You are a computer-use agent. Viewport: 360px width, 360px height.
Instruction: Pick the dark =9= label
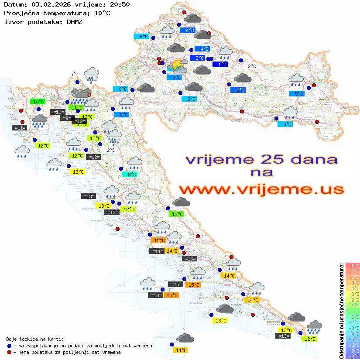[66, 118]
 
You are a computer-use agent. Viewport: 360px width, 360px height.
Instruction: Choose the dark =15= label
[175, 285]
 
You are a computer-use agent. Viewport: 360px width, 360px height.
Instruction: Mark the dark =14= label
[157, 251]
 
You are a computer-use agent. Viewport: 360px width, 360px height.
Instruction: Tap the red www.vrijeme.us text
[261, 189]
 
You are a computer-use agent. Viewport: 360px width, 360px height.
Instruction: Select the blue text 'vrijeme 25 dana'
[261, 159]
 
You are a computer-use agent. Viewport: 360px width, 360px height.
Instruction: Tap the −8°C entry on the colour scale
[352, 356]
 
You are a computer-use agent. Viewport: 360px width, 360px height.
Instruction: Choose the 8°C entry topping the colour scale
[352, 265]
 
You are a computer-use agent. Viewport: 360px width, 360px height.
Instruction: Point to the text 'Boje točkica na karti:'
[35, 339]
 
